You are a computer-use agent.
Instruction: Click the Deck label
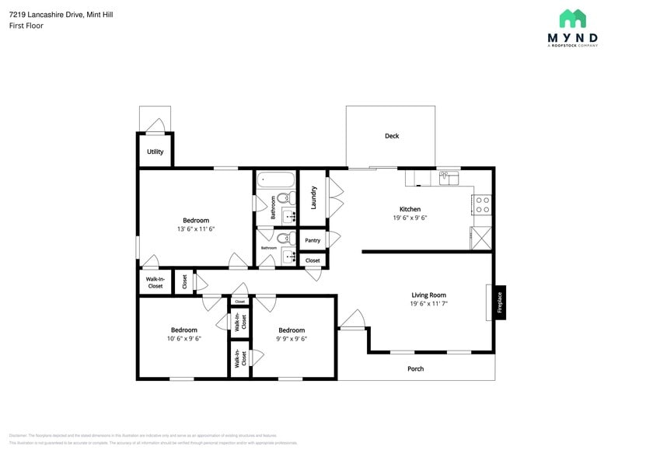tap(392, 136)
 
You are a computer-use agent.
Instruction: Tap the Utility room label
tap(155, 152)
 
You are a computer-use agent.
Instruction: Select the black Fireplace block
tap(500, 303)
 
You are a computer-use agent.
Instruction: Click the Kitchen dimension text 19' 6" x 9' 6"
tap(410, 218)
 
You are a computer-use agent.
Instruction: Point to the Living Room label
tap(428, 295)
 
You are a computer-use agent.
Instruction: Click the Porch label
tap(416, 368)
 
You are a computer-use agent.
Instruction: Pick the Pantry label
tap(313, 240)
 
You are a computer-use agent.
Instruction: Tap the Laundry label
tap(314, 197)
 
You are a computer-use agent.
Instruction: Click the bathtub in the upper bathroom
tap(276, 180)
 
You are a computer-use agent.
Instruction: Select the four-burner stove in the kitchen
tap(482, 204)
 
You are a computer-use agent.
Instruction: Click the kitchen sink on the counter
tap(449, 179)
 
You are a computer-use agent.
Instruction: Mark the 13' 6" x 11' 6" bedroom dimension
tap(196, 229)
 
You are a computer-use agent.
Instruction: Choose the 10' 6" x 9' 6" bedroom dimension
tap(184, 339)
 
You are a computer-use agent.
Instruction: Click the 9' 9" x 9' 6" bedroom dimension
tap(292, 339)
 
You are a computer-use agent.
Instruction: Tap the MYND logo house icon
tap(572, 19)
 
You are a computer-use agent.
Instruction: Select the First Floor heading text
tap(26, 26)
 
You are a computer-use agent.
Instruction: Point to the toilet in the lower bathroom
tap(284, 239)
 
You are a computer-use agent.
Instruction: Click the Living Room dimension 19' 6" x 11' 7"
tap(428, 304)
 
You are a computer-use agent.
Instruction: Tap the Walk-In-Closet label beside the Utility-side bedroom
tap(155, 282)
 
